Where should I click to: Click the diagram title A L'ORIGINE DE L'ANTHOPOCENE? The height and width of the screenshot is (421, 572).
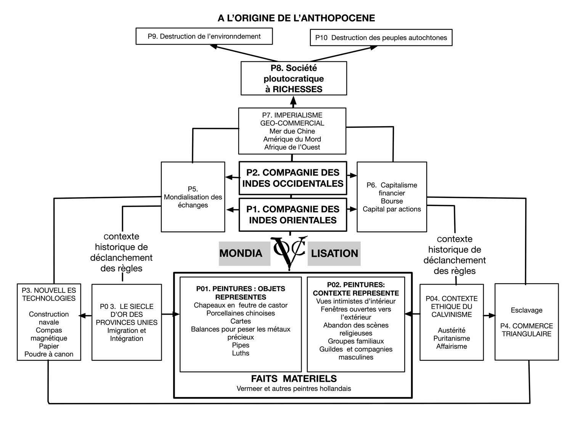pos(296,18)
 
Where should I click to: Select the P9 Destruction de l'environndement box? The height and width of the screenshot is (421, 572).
pos(204,36)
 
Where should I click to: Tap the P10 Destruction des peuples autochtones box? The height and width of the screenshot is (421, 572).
pos(381,37)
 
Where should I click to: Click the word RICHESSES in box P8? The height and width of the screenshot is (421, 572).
pos(297,89)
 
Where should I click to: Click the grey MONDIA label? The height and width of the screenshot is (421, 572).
pos(244,254)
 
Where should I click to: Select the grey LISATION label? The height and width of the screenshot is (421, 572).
pos(334,254)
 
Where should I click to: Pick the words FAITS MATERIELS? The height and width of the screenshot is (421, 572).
pos(294,378)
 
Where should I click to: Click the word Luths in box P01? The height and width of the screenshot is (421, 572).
pos(241,353)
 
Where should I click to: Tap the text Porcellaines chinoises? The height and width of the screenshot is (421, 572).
pos(241,313)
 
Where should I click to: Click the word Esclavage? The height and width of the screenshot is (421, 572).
pos(527,310)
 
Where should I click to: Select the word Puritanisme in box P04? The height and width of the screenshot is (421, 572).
pos(451,338)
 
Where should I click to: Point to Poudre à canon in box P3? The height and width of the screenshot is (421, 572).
pos(49,354)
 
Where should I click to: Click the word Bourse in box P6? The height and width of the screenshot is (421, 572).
pos(392,201)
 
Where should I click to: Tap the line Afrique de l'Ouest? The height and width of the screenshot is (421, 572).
pos(292,147)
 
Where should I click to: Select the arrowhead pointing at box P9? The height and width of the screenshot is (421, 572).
pos(214,47)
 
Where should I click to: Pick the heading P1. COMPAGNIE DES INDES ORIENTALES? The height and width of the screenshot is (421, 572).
pos(293,214)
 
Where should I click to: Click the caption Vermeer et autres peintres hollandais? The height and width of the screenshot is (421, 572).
pos(294,389)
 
